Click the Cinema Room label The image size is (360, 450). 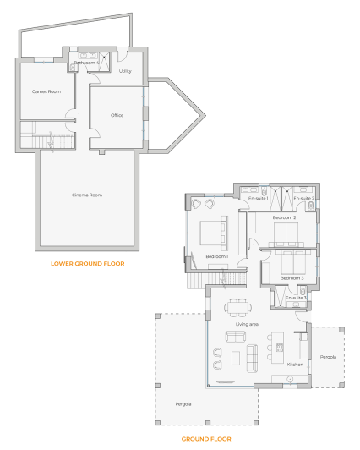86,195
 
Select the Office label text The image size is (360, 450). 117,115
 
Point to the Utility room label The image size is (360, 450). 125,71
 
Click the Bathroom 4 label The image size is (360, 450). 86,63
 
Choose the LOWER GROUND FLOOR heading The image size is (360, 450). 87,264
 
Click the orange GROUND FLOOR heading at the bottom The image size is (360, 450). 206,439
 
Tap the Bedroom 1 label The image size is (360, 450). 216,256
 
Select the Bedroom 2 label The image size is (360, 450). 284,218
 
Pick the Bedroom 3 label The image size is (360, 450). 292,278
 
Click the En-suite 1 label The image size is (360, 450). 258,199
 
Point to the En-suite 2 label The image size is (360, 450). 303,199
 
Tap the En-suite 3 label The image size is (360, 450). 295,298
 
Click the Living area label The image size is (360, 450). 247,324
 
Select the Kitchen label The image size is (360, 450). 295,365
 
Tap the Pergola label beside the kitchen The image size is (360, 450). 328,357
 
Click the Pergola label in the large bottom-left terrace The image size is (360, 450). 182,404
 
